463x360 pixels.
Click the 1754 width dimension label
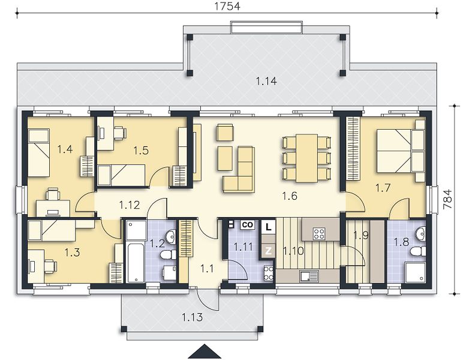(x=227, y=6)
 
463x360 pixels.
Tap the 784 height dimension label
(x=447, y=199)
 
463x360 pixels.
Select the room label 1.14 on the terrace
(x=266, y=81)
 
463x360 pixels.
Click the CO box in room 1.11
(x=247, y=225)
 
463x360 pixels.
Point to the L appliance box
(x=268, y=227)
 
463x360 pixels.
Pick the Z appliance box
(x=268, y=251)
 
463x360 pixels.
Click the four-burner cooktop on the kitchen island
(x=319, y=233)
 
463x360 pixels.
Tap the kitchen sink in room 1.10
(x=309, y=276)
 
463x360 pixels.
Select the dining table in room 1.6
(x=307, y=158)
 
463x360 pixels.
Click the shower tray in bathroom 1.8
(x=415, y=272)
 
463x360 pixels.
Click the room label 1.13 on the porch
(x=193, y=317)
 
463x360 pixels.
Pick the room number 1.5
(x=141, y=151)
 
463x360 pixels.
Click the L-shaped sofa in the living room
(x=239, y=169)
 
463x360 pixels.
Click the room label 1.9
(x=361, y=235)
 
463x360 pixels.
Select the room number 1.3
(x=72, y=253)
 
